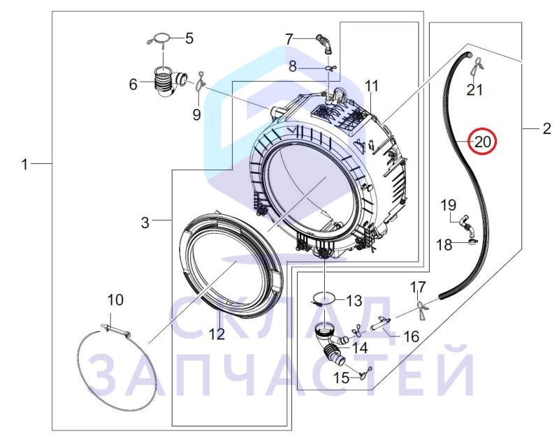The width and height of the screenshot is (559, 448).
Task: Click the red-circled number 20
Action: click(x=483, y=142)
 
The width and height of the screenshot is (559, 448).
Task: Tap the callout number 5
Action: click(x=189, y=38)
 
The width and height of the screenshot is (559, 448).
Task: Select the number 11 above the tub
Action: click(x=371, y=87)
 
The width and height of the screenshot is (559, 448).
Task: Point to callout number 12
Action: click(x=217, y=334)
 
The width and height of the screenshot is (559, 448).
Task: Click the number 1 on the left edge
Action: click(x=24, y=165)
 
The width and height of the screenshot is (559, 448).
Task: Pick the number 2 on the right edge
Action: click(x=546, y=128)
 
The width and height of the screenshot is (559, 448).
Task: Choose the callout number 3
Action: click(x=145, y=223)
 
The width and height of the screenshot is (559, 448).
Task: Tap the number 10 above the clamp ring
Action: click(x=115, y=300)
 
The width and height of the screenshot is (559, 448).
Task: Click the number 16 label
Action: click(x=411, y=336)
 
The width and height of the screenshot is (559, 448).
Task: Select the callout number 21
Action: click(x=474, y=90)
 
